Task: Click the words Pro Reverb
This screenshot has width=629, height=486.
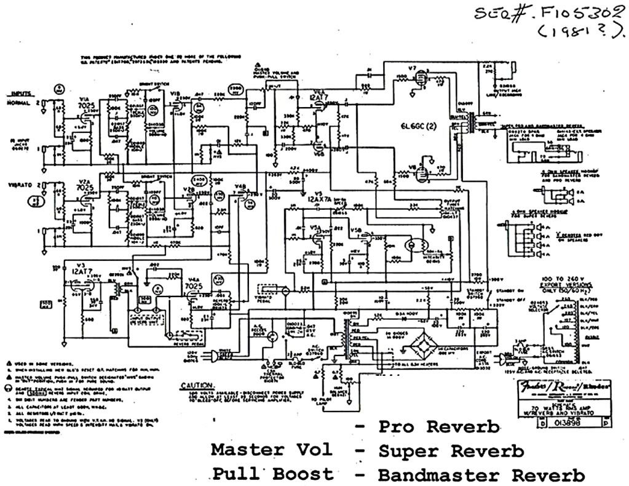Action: coord(438,427)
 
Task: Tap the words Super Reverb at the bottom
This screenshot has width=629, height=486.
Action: coord(451,451)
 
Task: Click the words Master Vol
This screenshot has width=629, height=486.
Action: coord(271,450)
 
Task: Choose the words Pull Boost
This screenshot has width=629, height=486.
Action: coord(273,474)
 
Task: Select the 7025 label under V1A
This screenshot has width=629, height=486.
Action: coord(85,106)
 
